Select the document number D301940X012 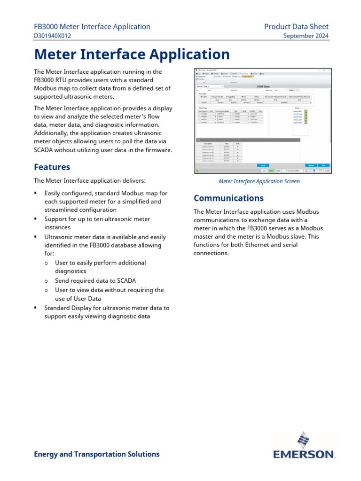tap(53, 36)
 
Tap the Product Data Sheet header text tap(296, 27)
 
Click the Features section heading tap(52, 167)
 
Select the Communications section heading tap(228, 198)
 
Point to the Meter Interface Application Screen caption tap(259, 181)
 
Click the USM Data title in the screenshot tap(264, 86)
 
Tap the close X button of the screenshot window tap(329, 70)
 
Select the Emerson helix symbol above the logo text tap(303, 441)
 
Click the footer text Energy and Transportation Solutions tap(97, 454)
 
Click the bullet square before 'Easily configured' tap(36, 193)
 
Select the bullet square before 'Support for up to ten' tap(36, 219)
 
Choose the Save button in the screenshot tap(323, 165)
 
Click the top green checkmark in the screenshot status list tap(306, 111)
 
